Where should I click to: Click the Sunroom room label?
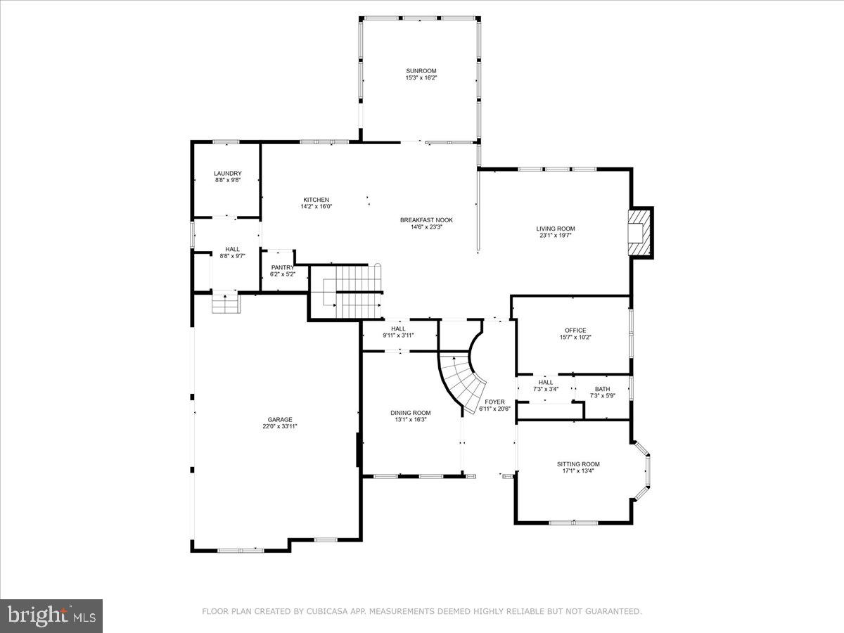pos(421,70)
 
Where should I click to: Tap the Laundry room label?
pos(228,173)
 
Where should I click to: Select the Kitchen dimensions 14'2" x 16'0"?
pos(316,207)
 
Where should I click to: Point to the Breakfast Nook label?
pos(426,220)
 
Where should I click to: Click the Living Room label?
pos(556,229)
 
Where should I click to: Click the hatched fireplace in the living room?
pos(639,232)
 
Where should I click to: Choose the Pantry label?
pos(282,267)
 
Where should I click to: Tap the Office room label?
pos(575,330)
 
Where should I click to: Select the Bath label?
pos(602,389)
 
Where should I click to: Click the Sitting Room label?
pos(578,463)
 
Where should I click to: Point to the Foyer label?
pos(494,402)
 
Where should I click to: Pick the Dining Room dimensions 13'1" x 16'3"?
pos(410,420)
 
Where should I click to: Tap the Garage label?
pos(279,419)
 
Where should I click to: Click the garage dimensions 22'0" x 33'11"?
pos(279,426)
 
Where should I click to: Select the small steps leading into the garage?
pos(226,304)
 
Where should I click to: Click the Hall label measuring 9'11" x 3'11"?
pos(398,328)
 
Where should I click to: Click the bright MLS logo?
pos(51,616)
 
